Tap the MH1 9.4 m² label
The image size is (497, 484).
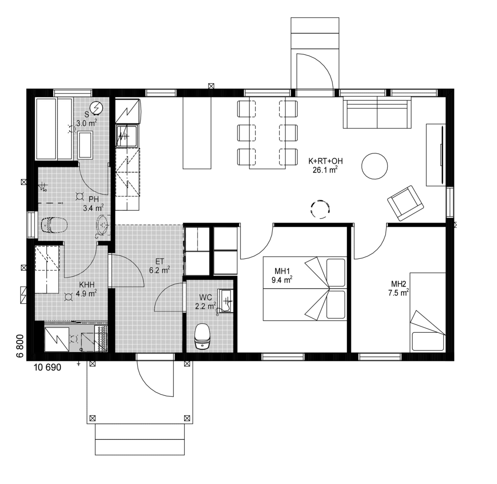[x=282, y=276]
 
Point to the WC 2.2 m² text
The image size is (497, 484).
[x=206, y=302]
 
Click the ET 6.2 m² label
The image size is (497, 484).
[x=159, y=266]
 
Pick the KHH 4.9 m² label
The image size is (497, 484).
[x=86, y=289]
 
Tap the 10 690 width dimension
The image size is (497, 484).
[x=47, y=367]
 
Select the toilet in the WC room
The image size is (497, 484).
[x=202, y=336]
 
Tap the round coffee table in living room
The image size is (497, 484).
[x=374, y=166]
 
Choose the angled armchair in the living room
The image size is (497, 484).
[x=405, y=203]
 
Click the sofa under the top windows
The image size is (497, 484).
[x=377, y=112]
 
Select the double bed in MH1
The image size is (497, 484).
[x=305, y=289]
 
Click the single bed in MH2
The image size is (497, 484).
[x=428, y=312]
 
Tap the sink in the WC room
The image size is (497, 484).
[x=225, y=301]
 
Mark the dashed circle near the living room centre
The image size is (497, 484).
[x=320, y=209]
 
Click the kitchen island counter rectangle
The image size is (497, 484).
[x=197, y=133]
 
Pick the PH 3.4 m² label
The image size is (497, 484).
[x=94, y=203]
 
